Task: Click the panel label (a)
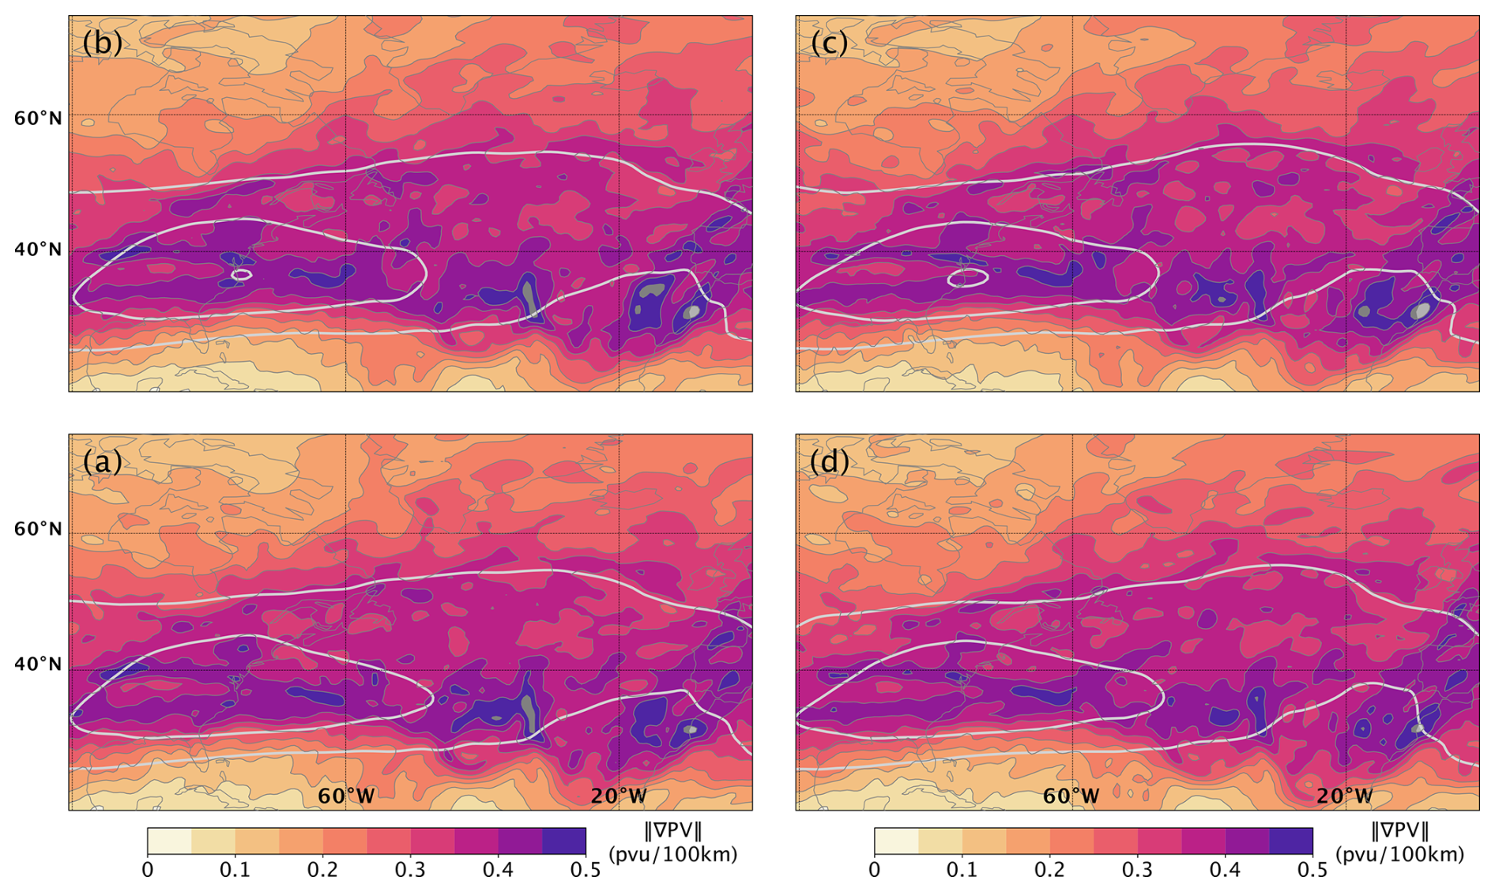click(x=102, y=461)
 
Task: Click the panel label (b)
click(x=102, y=43)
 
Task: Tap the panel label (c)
click(x=829, y=43)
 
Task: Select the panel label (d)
click(x=829, y=461)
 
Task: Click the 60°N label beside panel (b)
click(x=38, y=119)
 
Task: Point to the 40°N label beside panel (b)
click(x=38, y=250)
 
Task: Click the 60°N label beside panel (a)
click(x=38, y=529)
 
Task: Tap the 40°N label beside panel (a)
click(x=38, y=664)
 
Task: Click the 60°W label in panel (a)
click(x=345, y=796)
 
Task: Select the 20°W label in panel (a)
click(x=619, y=796)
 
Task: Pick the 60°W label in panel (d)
click(x=1071, y=796)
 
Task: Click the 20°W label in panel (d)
click(x=1345, y=796)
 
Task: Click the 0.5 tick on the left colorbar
click(x=585, y=871)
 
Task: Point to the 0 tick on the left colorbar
click(x=148, y=871)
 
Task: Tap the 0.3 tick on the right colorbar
click(x=1137, y=871)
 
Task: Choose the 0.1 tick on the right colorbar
click(x=962, y=871)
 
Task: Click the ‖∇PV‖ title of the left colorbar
click(x=672, y=831)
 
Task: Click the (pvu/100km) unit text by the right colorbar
click(x=1399, y=854)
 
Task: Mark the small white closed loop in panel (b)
click(x=242, y=275)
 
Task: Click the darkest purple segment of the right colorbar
click(x=1290, y=841)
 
